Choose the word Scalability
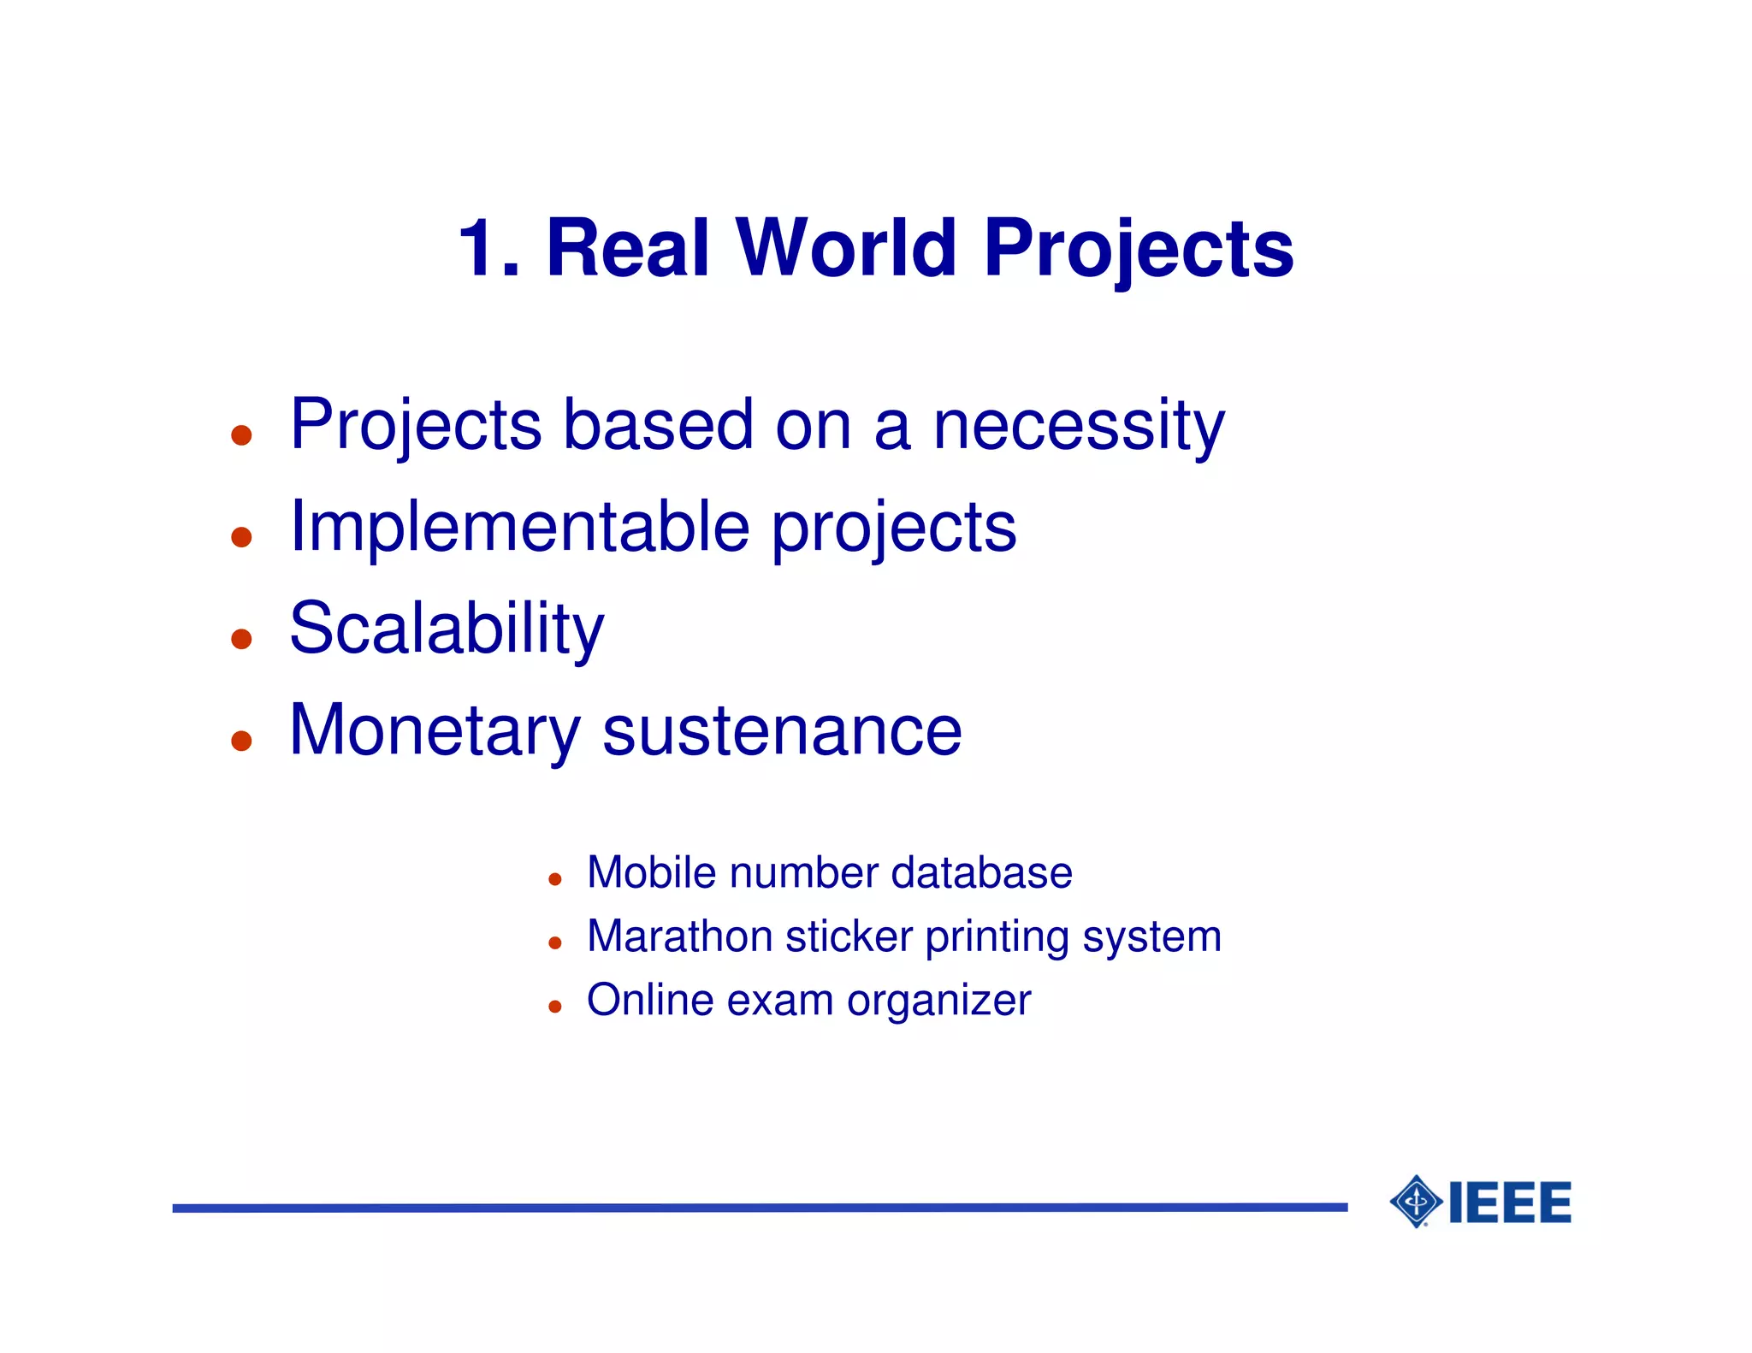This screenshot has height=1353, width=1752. (x=447, y=629)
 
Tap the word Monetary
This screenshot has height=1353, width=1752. (x=435, y=730)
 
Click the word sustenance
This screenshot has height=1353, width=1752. (x=782, y=732)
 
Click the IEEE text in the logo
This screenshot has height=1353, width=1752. (x=1510, y=1202)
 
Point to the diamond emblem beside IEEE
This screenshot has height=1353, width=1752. (x=1416, y=1202)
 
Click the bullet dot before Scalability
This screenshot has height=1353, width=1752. (x=241, y=639)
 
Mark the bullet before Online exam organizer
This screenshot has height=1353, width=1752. (x=554, y=1007)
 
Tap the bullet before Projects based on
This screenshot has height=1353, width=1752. (x=241, y=435)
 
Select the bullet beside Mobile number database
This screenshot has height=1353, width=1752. (x=554, y=879)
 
